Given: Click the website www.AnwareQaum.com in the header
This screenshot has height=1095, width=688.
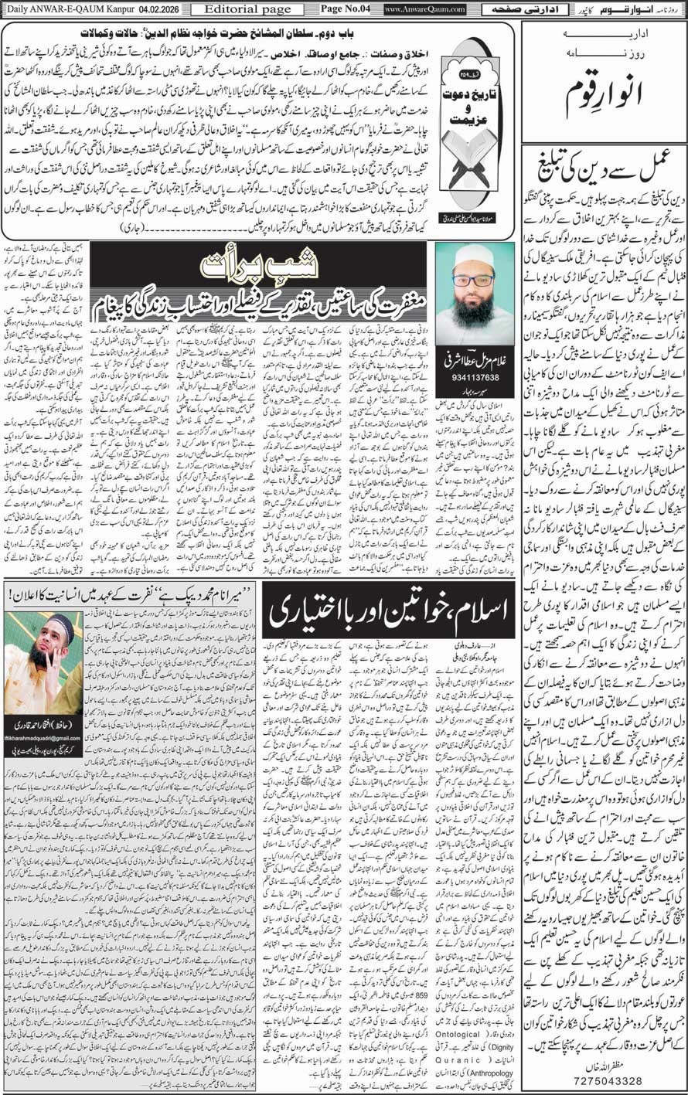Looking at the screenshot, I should (424, 9).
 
